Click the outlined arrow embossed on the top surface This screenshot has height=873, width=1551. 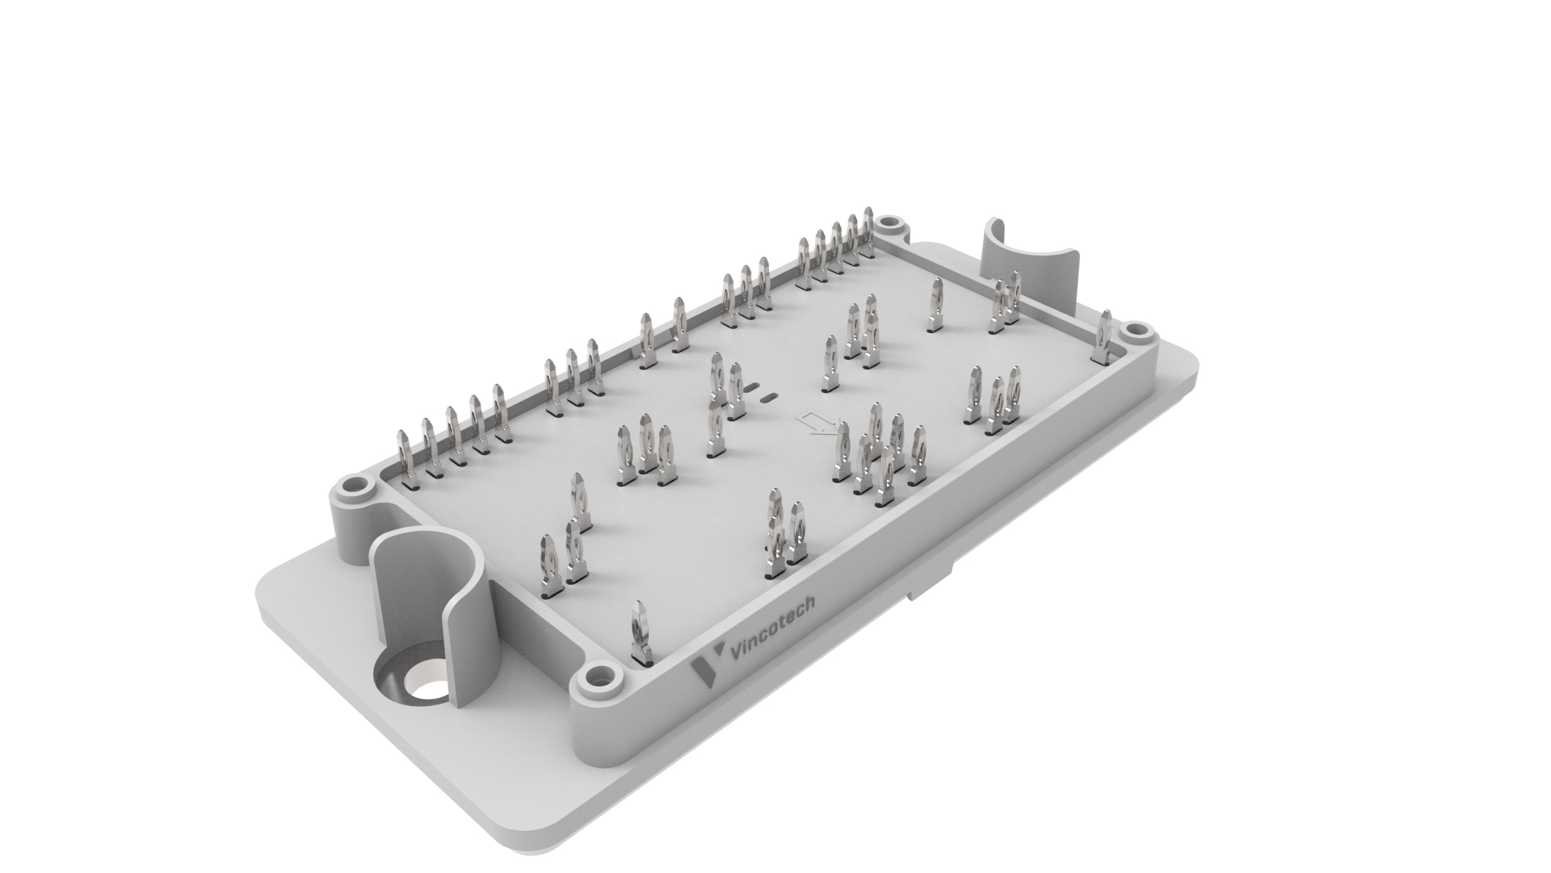point(817,422)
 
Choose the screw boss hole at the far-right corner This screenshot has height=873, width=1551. point(1134,330)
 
